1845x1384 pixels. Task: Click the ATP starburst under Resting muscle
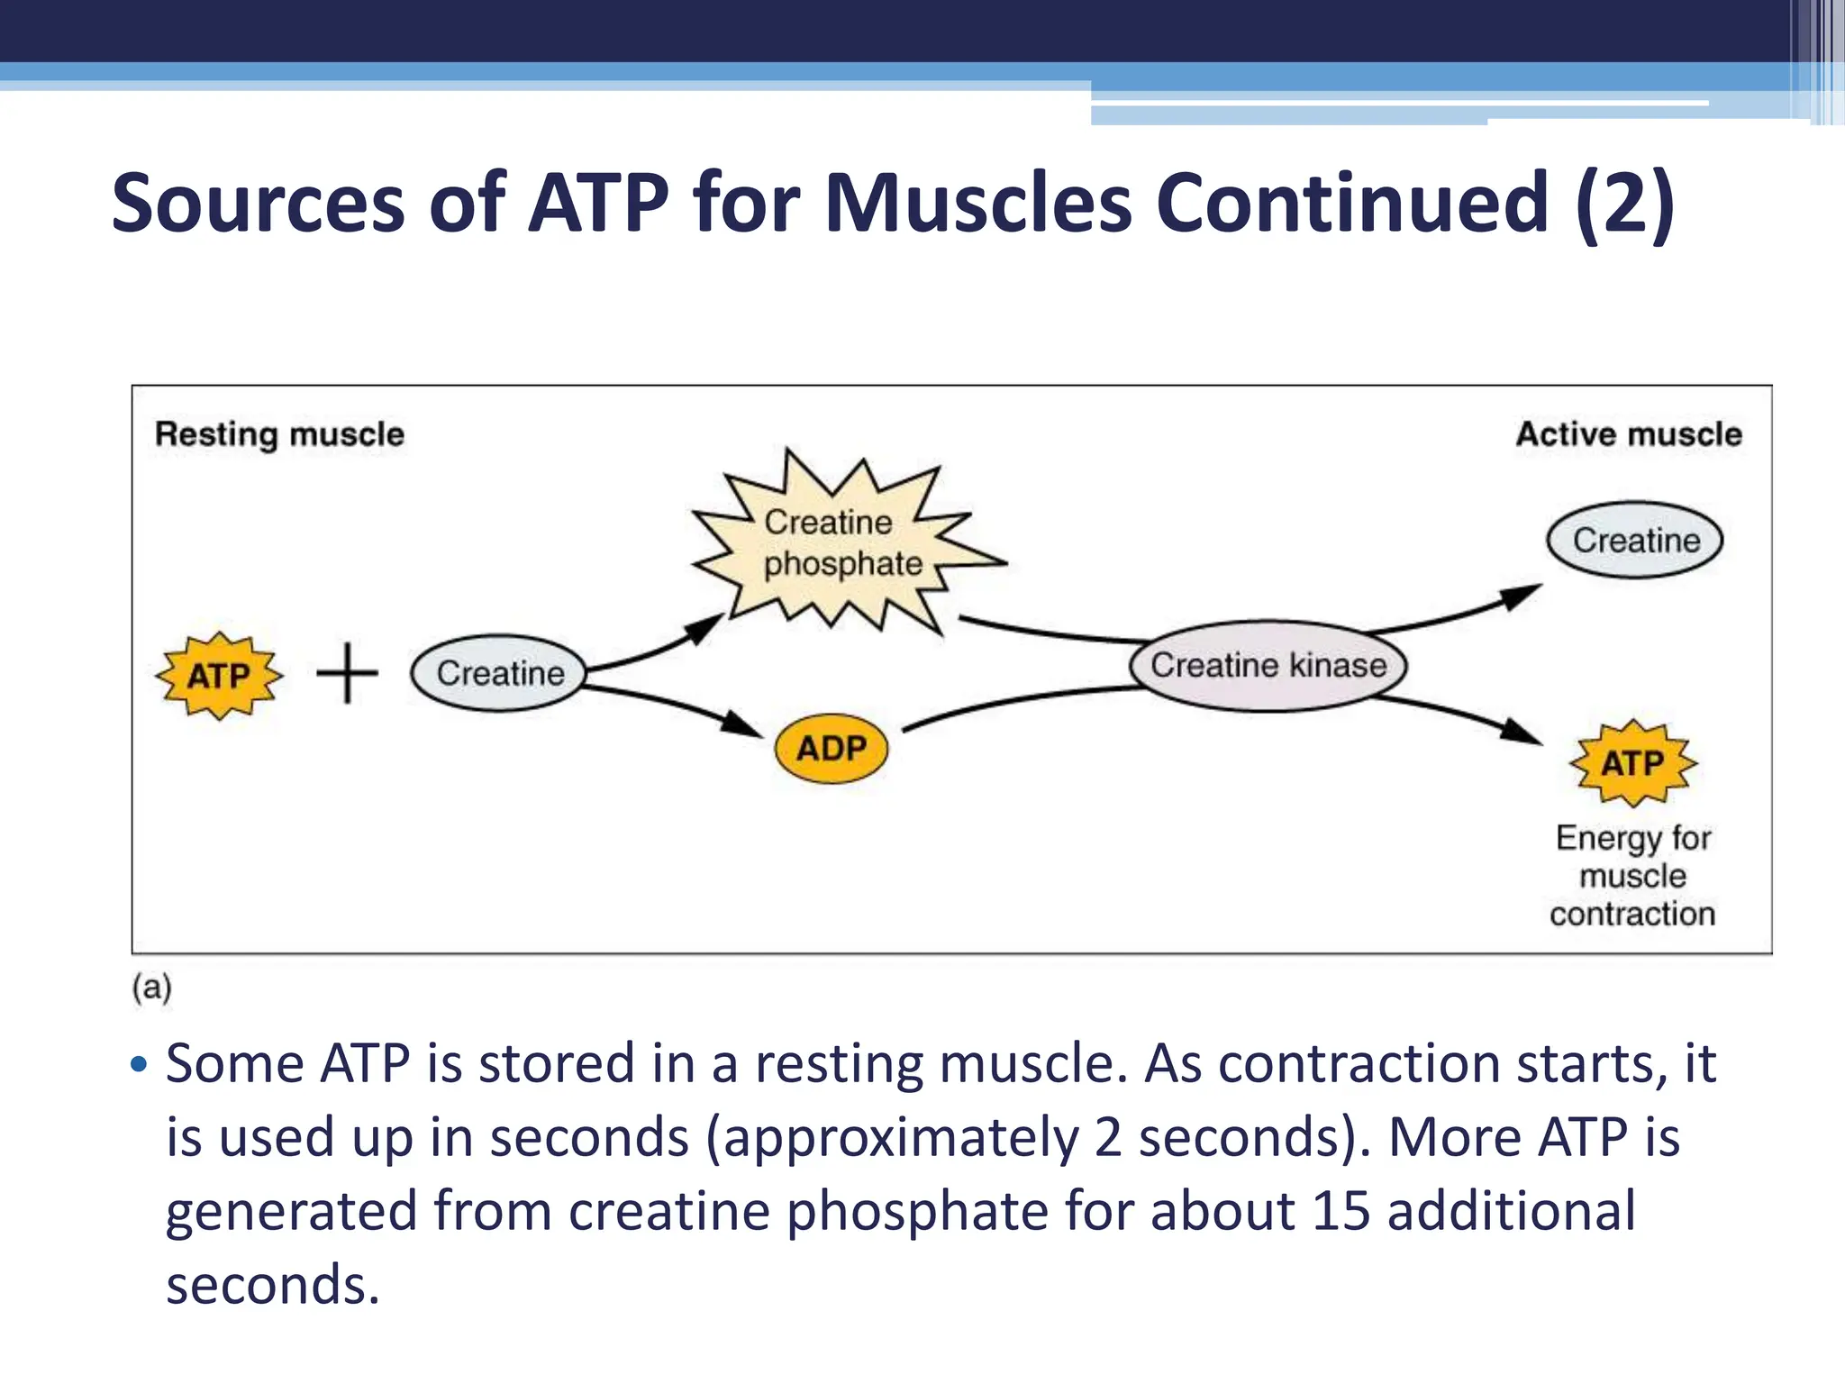(x=219, y=675)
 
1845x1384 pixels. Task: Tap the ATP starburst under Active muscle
(x=1632, y=763)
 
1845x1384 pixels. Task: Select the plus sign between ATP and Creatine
(x=348, y=673)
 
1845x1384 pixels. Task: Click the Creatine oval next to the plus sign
(x=499, y=673)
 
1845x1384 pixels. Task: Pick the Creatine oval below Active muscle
(x=1634, y=541)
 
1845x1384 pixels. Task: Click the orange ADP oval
(x=831, y=748)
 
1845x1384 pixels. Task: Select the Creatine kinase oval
(x=1268, y=666)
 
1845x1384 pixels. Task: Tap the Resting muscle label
(x=279, y=434)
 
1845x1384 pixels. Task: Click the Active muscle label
(x=1628, y=434)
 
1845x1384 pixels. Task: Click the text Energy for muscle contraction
(x=1632, y=876)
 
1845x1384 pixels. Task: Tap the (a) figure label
(x=151, y=988)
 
